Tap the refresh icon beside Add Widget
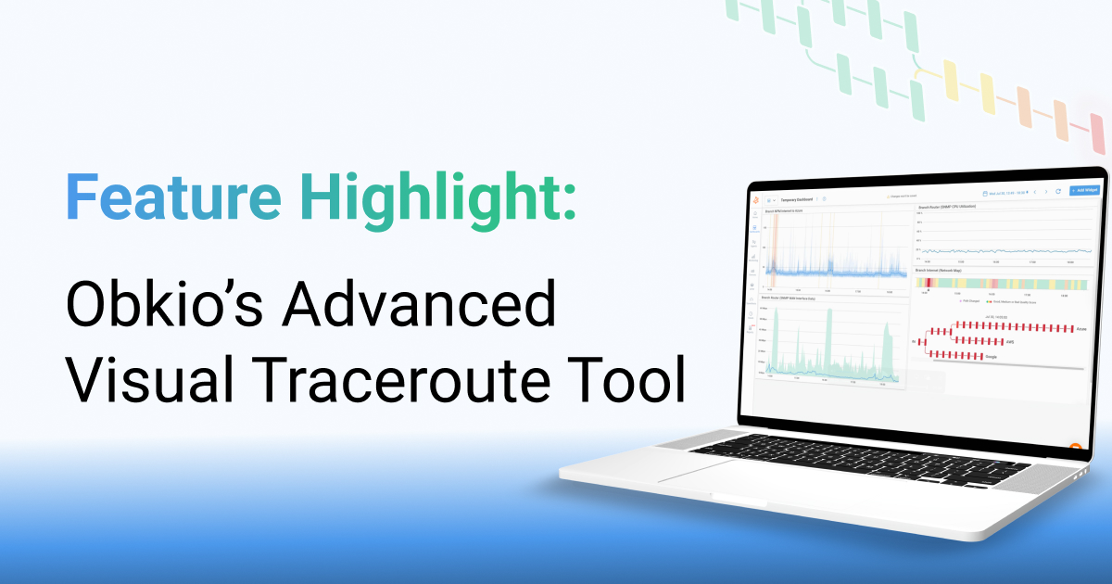[1057, 191]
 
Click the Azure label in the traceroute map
[1081, 328]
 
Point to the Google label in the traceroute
[992, 356]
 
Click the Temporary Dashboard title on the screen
[795, 198]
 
